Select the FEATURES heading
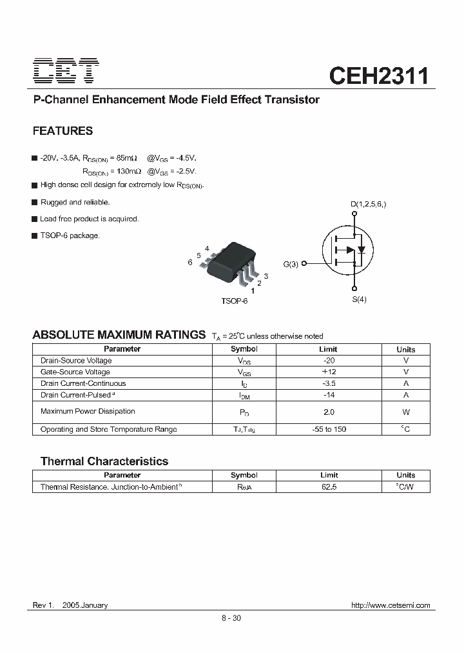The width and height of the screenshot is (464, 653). pyautogui.click(x=63, y=131)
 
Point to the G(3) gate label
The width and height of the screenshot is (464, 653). pyautogui.click(x=291, y=264)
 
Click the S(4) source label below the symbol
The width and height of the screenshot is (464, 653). pyautogui.click(x=359, y=299)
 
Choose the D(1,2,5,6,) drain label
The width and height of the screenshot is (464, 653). pyautogui.click(x=368, y=205)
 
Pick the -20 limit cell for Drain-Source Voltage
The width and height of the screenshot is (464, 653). pyautogui.click(x=329, y=361)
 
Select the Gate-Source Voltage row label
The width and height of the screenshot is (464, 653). pyautogui.click(x=75, y=372)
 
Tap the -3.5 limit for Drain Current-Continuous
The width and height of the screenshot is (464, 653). pyautogui.click(x=329, y=383)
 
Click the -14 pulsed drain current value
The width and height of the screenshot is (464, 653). pyautogui.click(x=329, y=395)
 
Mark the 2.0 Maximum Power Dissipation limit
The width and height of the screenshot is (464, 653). pyautogui.click(x=329, y=412)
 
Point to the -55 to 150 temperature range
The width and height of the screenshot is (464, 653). pyautogui.click(x=329, y=429)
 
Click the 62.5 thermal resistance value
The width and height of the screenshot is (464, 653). pyautogui.click(x=329, y=487)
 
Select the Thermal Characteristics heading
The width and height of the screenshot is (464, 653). pyautogui.click(x=104, y=461)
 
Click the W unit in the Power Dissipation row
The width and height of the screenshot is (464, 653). pyautogui.click(x=406, y=412)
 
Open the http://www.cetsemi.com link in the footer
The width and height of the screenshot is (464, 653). pyautogui.click(x=390, y=605)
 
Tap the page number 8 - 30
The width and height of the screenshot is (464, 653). pyautogui.click(x=231, y=618)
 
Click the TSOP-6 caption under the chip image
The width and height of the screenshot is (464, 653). pyautogui.click(x=234, y=301)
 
